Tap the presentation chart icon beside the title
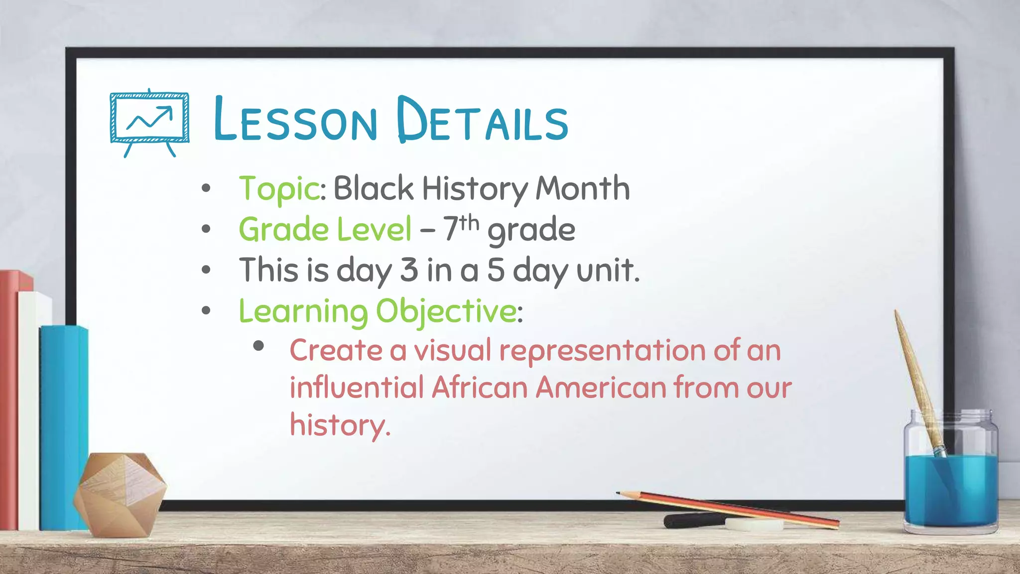(149, 122)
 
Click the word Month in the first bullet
(582, 188)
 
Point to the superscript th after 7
(469, 223)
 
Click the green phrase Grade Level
(325, 230)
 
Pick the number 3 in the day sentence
(409, 270)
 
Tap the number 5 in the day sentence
(496, 270)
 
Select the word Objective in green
(446, 311)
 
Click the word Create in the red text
(336, 350)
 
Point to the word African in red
(479, 388)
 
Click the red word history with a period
(340, 426)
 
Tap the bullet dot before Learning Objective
(206, 311)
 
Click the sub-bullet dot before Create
(258, 346)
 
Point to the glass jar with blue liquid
(950, 478)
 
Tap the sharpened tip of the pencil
(619, 493)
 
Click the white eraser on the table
(754, 524)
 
